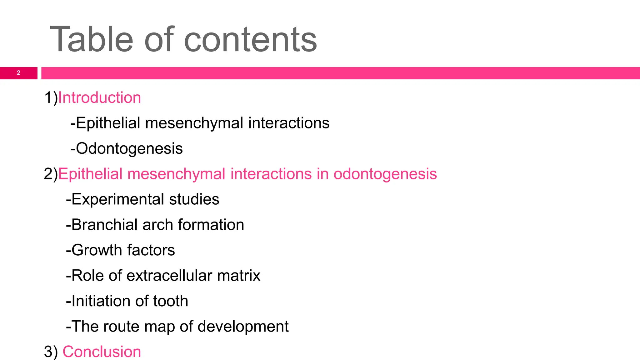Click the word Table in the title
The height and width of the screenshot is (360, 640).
point(92,39)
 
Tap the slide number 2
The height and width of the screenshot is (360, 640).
point(18,73)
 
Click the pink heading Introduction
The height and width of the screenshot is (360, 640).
point(99,97)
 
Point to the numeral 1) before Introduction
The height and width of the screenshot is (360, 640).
point(51,97)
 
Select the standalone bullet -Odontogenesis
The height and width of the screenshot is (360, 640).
point(127,148)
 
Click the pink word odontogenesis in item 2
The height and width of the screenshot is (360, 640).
point(385,174)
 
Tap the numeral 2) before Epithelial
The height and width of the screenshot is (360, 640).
point(51,174)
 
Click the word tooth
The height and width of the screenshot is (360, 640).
point(171,301)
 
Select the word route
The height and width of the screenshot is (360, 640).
point(117,327)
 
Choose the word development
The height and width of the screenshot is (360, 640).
point(243,327)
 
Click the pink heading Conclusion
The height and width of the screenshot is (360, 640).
point(102,352)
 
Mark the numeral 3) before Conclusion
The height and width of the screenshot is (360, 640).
point(51,352)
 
